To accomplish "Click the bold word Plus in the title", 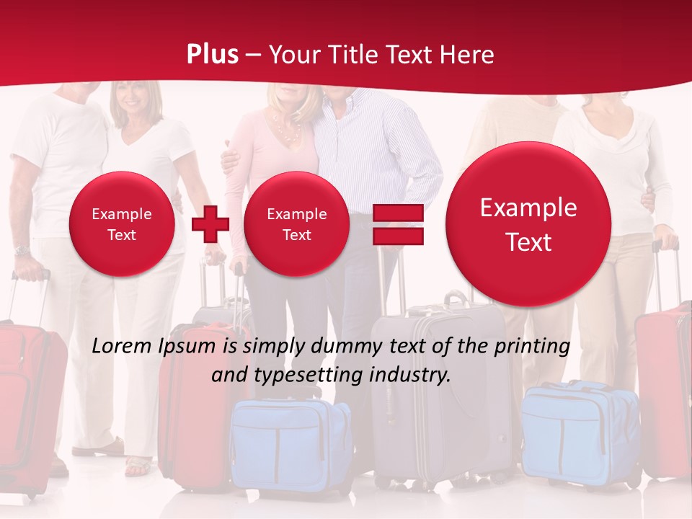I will [212, 55].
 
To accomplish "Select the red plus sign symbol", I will [210, 223].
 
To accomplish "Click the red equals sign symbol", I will [398, 224].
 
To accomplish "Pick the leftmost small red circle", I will [122, 224].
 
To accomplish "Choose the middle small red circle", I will [296, 224].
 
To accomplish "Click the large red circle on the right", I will [528, 224].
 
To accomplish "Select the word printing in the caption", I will [531, 346].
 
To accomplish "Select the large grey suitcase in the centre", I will [440, 389].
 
